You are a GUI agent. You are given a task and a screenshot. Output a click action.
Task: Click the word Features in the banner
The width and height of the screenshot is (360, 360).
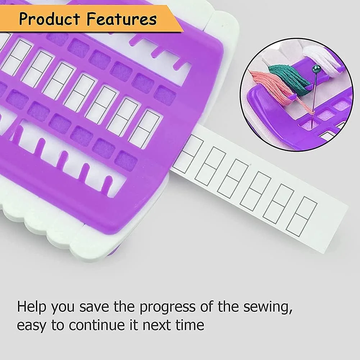tap(122, 19)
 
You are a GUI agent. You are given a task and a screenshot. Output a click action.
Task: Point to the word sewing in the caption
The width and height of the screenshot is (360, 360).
tap(268, 307)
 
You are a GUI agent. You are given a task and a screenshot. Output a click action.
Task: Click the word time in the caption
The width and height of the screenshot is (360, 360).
tap(190, 325)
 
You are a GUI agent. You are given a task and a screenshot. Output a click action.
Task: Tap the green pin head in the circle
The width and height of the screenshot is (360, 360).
tap(317, 68)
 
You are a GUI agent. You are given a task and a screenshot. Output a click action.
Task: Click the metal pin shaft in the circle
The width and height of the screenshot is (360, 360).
tap(315, 96)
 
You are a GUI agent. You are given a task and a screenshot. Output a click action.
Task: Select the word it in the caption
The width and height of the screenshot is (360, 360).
tap(134, 325)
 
